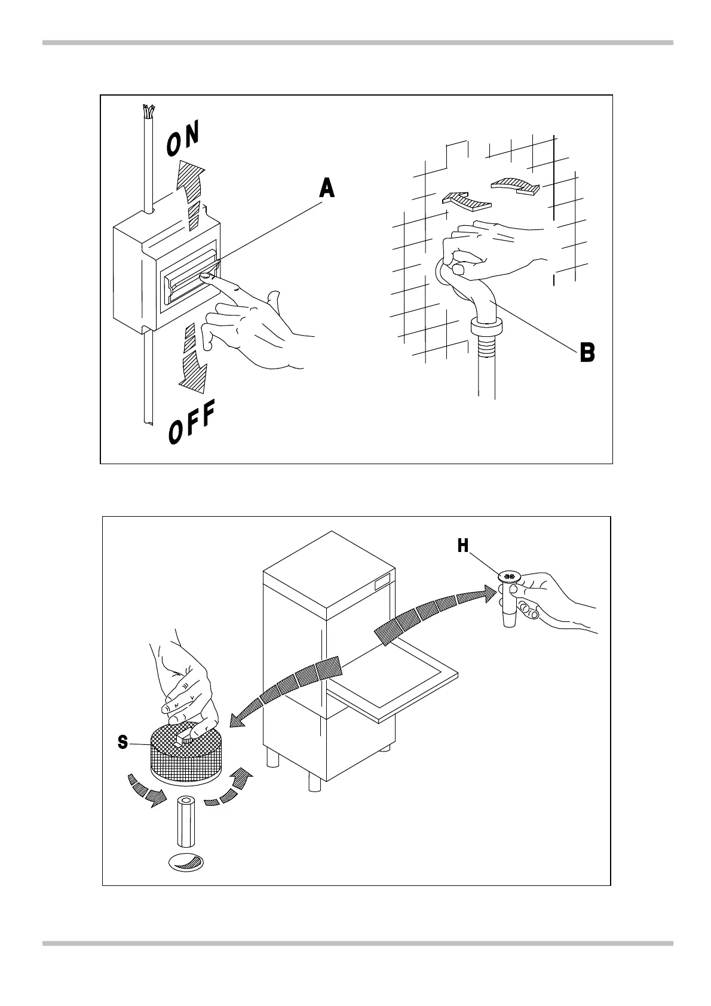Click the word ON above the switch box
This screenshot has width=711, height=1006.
click(183, 139)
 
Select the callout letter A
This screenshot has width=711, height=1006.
click(326, 189)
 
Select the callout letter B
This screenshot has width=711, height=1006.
click(587, 352)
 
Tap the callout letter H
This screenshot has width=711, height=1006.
click(464, 546)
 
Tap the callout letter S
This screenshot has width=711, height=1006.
click(122, 743)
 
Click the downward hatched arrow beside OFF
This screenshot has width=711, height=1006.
click(194, 358)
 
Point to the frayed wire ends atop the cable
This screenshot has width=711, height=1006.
click(148, 112)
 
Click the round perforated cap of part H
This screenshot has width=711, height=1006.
click(509, 576)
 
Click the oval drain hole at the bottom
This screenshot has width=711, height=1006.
click(186, 863)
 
